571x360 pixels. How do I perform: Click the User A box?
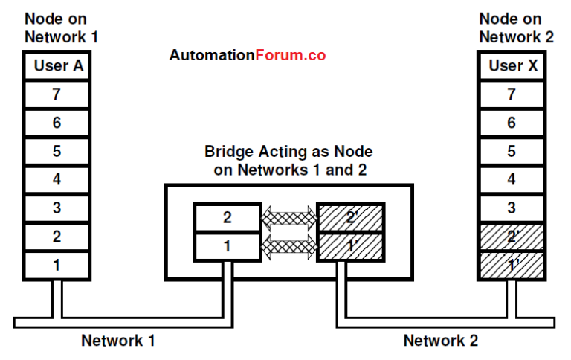pos(57,66)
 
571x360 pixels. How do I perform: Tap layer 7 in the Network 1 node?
pos(57,94)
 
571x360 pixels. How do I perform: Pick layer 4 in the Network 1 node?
pos(57,179)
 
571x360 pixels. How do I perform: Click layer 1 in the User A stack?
pos(57,264)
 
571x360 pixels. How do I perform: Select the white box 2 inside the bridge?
pos(226,216)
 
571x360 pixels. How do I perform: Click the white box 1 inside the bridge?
pos(226,245)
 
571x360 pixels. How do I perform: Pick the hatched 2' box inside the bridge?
pos(351,216)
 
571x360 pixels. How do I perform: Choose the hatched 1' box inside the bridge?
pos(351,245)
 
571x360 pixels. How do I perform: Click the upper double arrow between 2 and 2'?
pos(288,217)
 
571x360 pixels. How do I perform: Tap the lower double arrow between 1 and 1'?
pos(288,245)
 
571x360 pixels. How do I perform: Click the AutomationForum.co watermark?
pos(247,55)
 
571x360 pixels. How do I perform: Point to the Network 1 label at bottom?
pos(118,341)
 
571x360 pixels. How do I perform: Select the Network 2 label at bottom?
pos(441,341)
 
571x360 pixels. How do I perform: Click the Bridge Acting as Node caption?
pos(288,159)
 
